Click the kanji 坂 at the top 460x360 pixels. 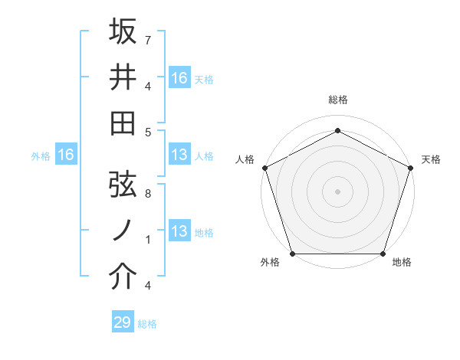[123, 33]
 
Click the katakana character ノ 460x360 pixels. [123, 231]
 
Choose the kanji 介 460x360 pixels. [123, 277]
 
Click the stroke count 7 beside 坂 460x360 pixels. [147, 39]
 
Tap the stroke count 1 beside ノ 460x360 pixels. [147, 239]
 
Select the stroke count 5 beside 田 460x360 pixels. [147, 132]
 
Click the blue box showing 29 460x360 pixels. [123, 322]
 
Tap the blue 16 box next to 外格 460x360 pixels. [65, 155]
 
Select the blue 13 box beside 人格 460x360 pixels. [179, 155]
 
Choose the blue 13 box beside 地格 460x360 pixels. [179, 231]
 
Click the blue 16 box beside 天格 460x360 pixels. [179, 78]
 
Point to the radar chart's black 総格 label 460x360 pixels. [337, 100]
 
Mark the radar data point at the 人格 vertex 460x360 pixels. [264, 167]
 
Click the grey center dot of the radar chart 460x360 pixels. [337, 191]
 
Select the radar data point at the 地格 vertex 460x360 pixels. [383, 254]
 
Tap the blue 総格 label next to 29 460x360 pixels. [147, 324]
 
